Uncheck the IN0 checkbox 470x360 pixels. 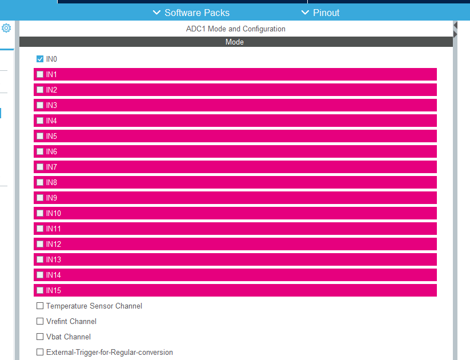[40, 59]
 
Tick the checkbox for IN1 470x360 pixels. [40, 74]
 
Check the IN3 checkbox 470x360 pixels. [40, 105]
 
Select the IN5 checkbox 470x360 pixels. [40, 136]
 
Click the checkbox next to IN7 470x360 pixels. [40, 167]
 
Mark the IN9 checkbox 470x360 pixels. [40, 198]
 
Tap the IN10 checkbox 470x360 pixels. [40, 213]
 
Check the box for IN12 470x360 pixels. [40, 244]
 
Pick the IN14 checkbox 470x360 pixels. [40, 275]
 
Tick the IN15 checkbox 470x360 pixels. [40, 290]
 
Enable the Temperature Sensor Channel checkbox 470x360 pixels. [40, 306]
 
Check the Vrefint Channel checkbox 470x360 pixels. [40, 321]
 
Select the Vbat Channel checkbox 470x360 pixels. [40, 337]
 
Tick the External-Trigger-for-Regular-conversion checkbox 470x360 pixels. [40, 352]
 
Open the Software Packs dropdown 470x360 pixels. [191, 13]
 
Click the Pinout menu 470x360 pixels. [320, 13]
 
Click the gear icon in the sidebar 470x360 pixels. [6, 28]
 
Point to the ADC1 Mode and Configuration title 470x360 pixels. [235, 29]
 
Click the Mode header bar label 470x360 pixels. [235, 42]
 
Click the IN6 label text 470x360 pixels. [51, 151]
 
